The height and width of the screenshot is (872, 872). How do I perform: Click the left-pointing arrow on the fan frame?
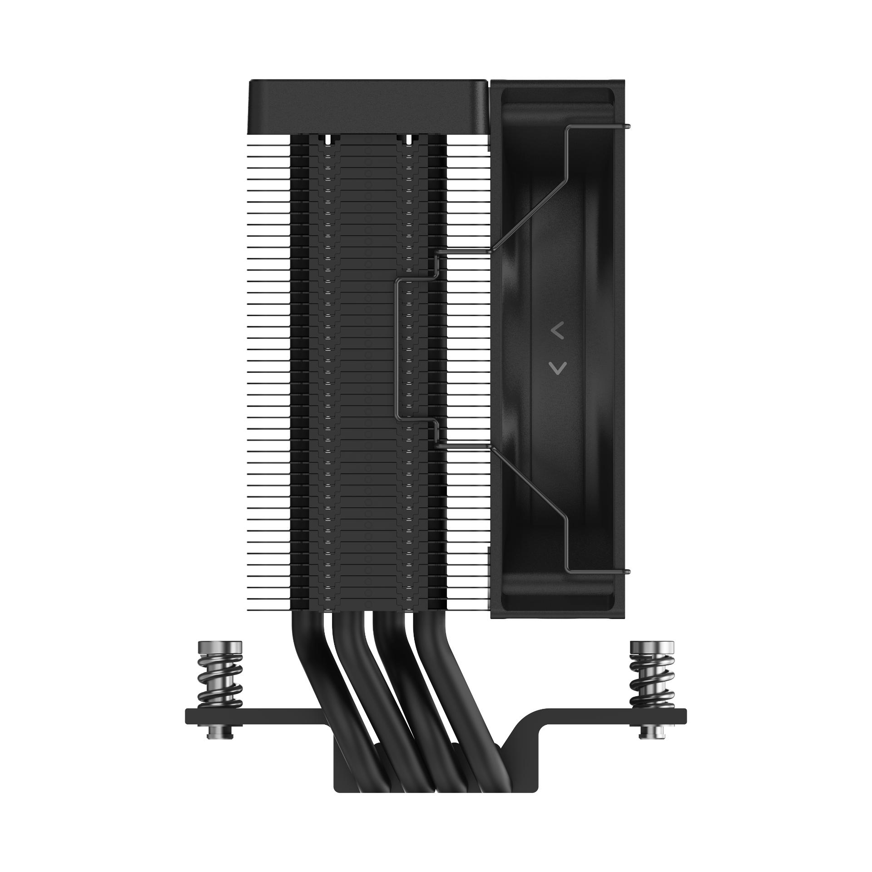click(557, 332)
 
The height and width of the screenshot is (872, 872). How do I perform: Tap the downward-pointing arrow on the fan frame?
click(557, 368)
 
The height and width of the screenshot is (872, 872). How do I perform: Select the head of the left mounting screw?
click(220, 647)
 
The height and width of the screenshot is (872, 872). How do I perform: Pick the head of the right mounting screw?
click(652, 647)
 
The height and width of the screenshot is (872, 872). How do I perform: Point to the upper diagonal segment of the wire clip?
click(529, 213)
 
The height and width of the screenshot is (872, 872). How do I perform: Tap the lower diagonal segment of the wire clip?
click(529, 484)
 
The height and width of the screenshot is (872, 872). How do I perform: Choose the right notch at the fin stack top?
click(408, 139)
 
